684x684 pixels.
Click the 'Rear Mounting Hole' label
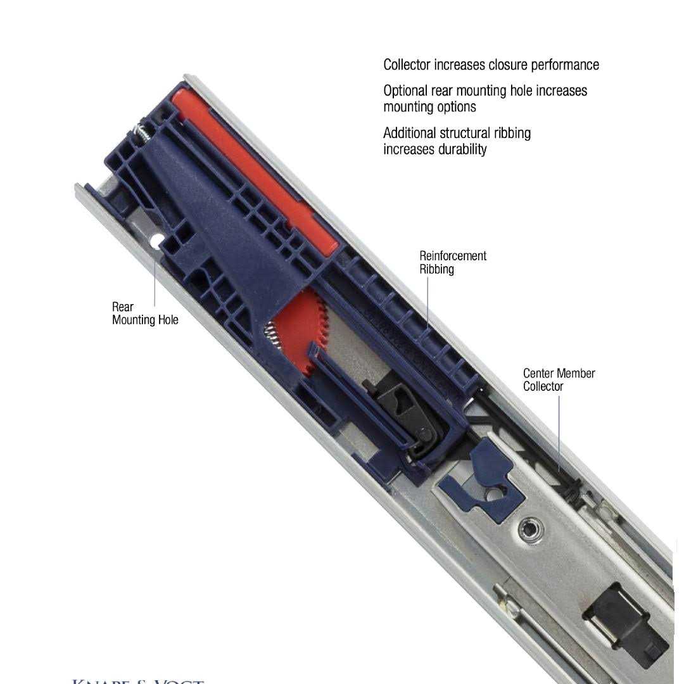tap(145, 313)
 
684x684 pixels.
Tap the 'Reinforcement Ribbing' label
tap(453, 262)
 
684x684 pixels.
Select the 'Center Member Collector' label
tap(559, 379)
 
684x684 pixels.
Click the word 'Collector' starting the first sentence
tap(407, 65)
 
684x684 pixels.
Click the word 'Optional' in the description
tap(405, 91)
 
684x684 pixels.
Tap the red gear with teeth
tap(303, 329)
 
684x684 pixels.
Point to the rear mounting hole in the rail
tap(156, 240)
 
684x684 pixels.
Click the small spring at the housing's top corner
tap(141, 132)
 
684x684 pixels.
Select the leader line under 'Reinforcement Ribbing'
tap(427, 301)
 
